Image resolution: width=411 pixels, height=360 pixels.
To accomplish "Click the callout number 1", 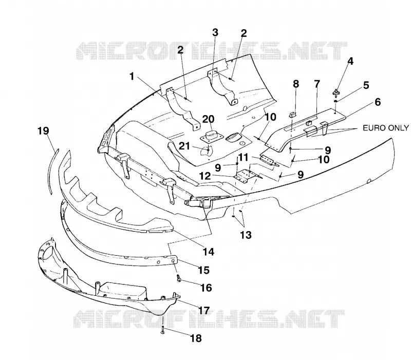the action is click(132, 77).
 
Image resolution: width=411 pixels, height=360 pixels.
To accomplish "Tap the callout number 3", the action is click(215, 33).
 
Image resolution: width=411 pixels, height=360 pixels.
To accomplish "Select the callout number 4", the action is click(350, 61).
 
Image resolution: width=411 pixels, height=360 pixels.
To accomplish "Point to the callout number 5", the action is click(366, 85).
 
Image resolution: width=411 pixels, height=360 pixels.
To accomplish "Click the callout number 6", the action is click(378, 102).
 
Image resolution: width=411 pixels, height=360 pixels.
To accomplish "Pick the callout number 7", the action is click(317, 84).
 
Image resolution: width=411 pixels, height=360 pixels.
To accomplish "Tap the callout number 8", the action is click(296, 84).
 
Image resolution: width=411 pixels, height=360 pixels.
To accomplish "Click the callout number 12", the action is click(204, 176).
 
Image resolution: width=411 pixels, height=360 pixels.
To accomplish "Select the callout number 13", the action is click(246, 235).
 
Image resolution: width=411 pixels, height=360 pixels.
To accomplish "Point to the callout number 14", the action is click(209, 252).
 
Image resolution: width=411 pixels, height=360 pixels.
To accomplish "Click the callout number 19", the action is click(44, 130).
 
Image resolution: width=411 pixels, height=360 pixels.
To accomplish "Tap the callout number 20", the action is click(208, 119).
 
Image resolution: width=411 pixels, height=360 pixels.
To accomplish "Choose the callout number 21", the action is click(184, 146).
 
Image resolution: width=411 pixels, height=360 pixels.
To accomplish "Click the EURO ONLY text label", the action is click(386, 128).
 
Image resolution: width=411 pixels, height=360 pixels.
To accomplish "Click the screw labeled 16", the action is click(179, 278).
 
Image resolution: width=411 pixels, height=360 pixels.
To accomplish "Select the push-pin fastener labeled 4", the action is click(336, 92).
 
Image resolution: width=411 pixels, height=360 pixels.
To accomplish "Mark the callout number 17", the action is click(204, 311).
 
